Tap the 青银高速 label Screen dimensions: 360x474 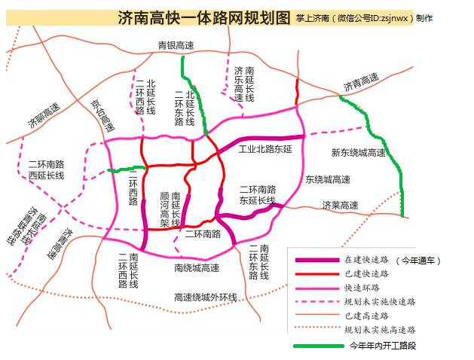click(176, 46)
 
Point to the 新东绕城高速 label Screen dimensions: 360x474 click(358, 153)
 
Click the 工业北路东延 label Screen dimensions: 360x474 click(265, 148)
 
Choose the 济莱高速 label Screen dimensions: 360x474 click(340, 205)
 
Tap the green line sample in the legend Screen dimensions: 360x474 click(313, 346)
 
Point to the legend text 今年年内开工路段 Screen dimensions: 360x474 click(381, 346)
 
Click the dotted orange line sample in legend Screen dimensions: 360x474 click(313, 329)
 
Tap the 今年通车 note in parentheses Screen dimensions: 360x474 click(418, 260)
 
